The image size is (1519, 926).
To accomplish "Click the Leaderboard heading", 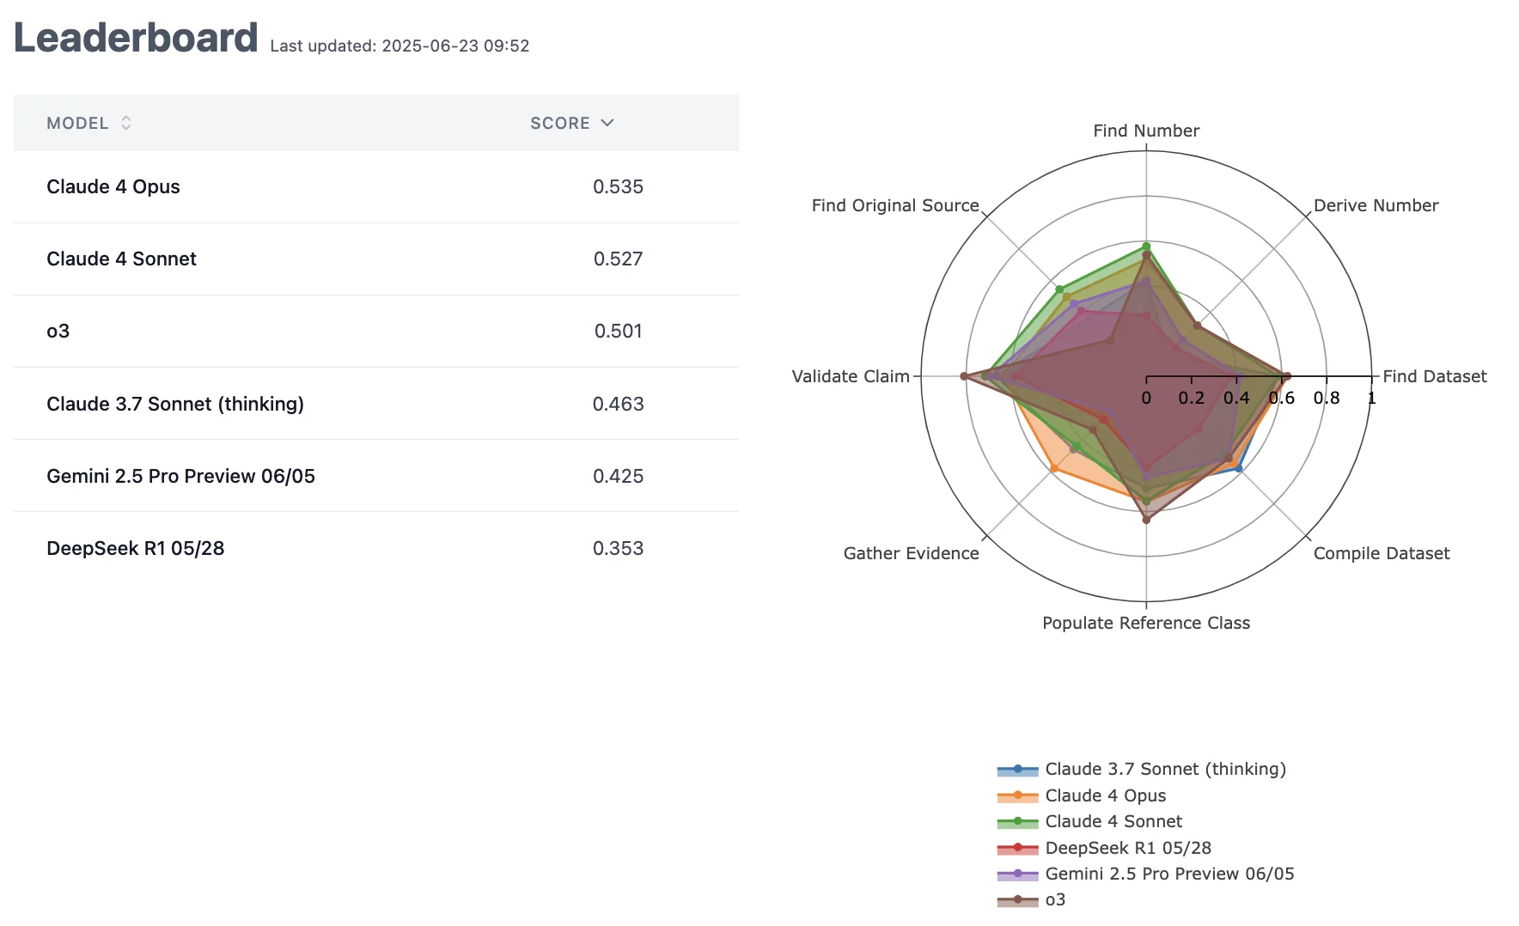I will coord(136,39).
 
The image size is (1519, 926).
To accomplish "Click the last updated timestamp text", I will coord(400,46).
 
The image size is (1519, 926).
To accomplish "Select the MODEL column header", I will coord(77,123).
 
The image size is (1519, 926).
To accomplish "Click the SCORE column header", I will coord(560,123).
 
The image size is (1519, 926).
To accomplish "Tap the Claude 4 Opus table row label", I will coord(113,186).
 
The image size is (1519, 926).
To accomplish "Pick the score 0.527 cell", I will coord(618,259).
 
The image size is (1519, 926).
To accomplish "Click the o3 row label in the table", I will coord(58,331).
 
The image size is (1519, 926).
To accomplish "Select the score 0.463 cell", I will coord(618,404).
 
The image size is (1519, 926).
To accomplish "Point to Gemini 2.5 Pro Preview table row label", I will coord(180,476).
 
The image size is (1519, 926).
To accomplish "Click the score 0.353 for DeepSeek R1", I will coord(618,548).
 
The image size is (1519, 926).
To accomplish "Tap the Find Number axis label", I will coord(1146,131).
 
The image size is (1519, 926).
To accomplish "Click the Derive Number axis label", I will coord(1376,205).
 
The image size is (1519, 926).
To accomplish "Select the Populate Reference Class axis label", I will coord(1146,623).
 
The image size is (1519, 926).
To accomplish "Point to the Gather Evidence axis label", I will coord(911,553).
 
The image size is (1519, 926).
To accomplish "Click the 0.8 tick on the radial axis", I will coord(1327,398).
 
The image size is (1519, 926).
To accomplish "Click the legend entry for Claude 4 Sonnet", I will coord(1113,821).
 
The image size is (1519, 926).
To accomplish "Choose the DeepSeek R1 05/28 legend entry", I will coord(1128,848).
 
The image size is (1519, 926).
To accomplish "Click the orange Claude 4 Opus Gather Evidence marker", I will coord(1054,468).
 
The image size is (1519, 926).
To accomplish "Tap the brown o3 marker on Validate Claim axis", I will coord(964,376).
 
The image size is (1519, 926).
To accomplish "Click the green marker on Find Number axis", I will coord(1146,247).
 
